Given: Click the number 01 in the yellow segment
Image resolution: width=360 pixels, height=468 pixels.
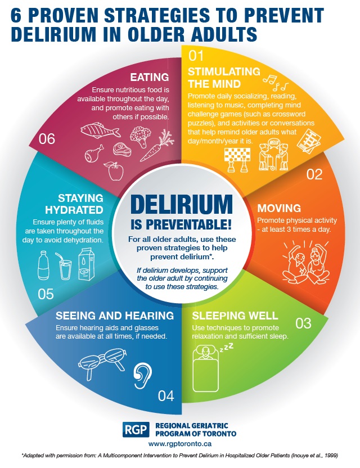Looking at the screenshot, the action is pos(195,56).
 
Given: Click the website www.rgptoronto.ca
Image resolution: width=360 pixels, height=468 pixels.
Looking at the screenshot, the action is pos(180,443).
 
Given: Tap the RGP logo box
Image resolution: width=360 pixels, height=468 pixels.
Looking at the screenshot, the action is pos(136,430).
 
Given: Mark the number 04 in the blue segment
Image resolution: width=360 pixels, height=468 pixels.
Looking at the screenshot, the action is pos(166,396).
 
